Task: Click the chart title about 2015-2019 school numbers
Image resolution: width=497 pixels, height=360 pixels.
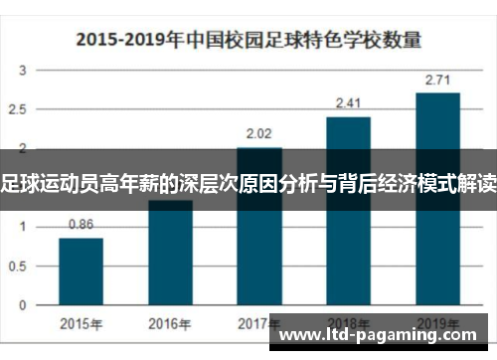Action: tap(248, 41)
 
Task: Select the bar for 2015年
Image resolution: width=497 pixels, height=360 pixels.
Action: tap(81, 272)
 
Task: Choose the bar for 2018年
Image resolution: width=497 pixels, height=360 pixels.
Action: tap(348, 214)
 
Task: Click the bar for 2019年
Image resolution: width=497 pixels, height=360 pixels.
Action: tap(437, 199)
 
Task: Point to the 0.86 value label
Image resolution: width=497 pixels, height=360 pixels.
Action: tap(81, 225)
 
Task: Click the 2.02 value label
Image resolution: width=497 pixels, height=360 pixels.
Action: tap(259, 133)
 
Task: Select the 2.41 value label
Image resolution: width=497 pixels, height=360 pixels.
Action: tap(348, 102)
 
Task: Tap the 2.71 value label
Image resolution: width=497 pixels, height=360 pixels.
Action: tap(437, 79)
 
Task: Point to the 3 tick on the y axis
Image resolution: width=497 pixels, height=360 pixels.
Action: tap(23, 70)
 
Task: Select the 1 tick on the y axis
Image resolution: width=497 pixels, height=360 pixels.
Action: tap(23, 227)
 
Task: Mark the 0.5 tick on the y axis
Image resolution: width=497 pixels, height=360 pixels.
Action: tap(20, 266)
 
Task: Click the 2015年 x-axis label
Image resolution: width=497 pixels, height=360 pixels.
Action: tap(81, 323)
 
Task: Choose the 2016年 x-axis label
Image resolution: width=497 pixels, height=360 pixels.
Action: tap(170, 323)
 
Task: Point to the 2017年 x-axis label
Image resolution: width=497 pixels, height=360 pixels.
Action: tap(259, 323)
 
